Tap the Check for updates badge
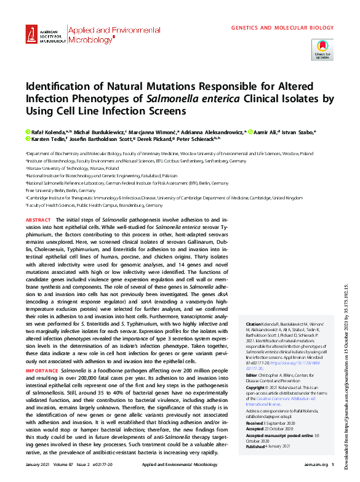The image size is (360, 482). click(322, 49)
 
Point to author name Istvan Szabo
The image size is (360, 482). click(300, 132)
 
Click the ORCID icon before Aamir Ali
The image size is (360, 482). click(251, 132)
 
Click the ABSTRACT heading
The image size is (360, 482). click(39, 220)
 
